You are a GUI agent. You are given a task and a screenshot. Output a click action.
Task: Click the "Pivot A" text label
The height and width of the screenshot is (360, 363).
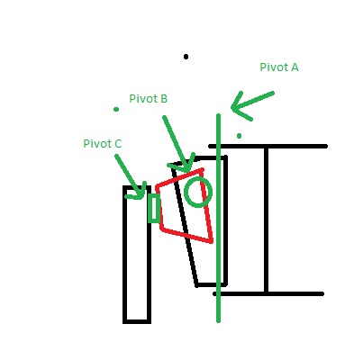click(279, 67)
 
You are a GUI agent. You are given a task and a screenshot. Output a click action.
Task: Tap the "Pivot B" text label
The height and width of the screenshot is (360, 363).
click(148, 99)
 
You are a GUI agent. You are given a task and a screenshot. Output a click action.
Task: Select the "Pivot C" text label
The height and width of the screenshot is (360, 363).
click(102, 144)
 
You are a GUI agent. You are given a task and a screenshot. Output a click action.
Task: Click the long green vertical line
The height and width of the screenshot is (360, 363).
click(218, 218)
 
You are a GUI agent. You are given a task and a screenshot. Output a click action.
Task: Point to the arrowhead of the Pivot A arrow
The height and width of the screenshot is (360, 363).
click(231, 107)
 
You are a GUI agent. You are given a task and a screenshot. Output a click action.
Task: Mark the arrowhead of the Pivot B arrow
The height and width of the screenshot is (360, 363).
click(186, 171)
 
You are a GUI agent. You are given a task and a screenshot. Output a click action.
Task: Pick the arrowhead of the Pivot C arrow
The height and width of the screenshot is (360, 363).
click(141, 196)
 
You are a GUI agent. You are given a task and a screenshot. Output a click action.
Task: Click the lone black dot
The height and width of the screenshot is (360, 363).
click(186, 57)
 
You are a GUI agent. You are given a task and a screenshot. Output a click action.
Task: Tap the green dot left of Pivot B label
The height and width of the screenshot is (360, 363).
click(116, 109)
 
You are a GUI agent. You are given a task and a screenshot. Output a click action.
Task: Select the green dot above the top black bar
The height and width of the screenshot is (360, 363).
click(239, 136)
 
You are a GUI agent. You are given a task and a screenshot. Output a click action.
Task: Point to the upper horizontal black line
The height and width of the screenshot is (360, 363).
click(268, 147)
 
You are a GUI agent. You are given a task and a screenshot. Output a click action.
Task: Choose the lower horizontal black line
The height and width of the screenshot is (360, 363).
click(268, 293)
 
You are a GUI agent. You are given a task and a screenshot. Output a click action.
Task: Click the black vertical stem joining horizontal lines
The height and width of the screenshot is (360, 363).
click(266, 220)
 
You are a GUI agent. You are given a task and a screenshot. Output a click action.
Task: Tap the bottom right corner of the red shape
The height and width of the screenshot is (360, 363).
click(212, 241)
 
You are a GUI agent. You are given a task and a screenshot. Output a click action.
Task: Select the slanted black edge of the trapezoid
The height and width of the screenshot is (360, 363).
click(185, 226)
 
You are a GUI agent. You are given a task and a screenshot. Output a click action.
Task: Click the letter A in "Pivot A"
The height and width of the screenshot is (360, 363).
click(295, 67)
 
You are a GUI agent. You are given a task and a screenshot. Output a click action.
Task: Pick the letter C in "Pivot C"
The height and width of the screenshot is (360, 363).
click(118, 144)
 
